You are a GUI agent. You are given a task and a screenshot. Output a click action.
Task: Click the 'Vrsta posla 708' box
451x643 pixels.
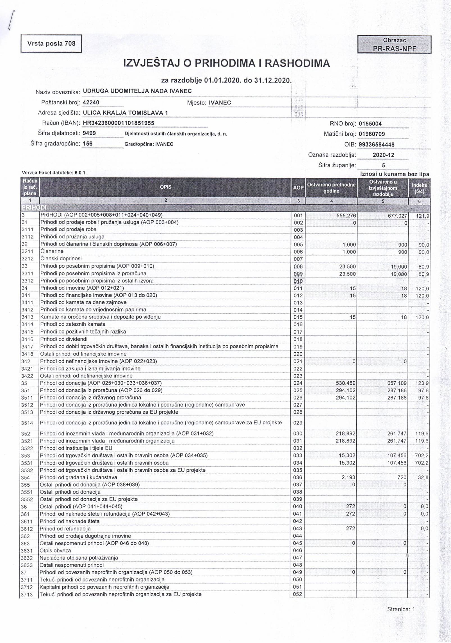coord(51,44)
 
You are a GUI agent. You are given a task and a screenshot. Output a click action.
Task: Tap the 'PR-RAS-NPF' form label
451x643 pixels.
coord(394,49)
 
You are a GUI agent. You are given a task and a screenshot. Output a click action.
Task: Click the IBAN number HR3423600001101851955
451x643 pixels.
coord(118,123)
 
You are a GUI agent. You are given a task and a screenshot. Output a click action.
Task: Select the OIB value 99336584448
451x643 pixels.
coord(376,144)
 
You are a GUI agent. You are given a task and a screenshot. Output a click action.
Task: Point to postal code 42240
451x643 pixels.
coord(91,102)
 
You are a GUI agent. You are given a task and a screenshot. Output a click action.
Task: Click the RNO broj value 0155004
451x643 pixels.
coord(370,124)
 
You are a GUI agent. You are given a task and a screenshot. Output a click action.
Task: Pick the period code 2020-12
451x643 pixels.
coord(383,155)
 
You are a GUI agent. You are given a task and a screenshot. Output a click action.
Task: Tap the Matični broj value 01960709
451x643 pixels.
coord(372,134)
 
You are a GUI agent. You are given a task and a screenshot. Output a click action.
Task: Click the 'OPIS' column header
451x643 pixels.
coord(165,187)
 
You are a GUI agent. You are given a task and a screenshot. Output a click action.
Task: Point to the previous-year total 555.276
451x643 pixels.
coord(345,216)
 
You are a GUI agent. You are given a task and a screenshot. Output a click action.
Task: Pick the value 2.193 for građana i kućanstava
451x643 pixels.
coord(348,477)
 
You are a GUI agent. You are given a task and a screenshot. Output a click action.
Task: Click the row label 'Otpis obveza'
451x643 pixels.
coord(55,551)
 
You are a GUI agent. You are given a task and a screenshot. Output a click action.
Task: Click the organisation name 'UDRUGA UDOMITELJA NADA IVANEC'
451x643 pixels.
coord(137,91)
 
